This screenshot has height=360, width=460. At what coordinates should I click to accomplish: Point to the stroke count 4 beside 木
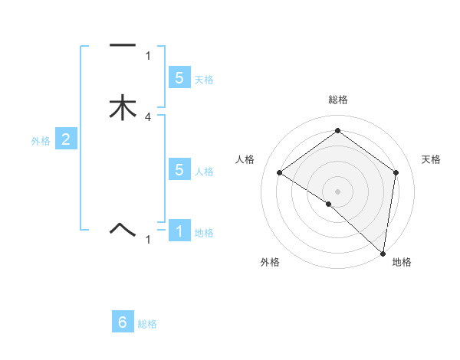click(x=148, y=117)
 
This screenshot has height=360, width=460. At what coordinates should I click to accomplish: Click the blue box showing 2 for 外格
click(x=66, y=139)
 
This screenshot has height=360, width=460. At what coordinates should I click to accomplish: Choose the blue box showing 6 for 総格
click(x=123, y=322)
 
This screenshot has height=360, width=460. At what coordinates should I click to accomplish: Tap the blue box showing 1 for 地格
click(x=179, y=231)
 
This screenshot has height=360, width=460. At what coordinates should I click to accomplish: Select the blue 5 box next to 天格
click(x=179, y=77)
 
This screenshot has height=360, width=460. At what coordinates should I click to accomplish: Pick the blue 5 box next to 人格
click(x=179, y=170)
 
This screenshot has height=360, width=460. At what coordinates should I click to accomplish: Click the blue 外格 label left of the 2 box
click(x=41, y=141)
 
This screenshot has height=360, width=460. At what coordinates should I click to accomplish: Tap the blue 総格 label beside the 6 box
click(x=147, y=324)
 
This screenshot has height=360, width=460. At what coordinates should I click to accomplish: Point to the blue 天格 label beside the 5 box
click(x=204, y=79)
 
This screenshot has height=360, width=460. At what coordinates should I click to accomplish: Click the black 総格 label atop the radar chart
click(x=338, y=100)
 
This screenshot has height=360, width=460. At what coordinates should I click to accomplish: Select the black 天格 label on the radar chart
click(x=432, y=159)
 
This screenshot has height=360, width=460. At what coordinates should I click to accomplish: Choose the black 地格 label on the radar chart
click(x=402, y=262)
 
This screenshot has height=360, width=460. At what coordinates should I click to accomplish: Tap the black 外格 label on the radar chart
click(x=270, y=262)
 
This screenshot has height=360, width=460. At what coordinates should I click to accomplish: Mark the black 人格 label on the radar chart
click(x=245, y=159)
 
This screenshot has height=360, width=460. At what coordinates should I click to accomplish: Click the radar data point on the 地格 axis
click(x=383, y=253)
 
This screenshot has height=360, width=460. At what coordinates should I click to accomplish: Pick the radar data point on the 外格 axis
click(x=329, y=204)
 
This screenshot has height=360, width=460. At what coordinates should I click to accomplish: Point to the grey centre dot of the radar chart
click(x=338, y=191)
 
